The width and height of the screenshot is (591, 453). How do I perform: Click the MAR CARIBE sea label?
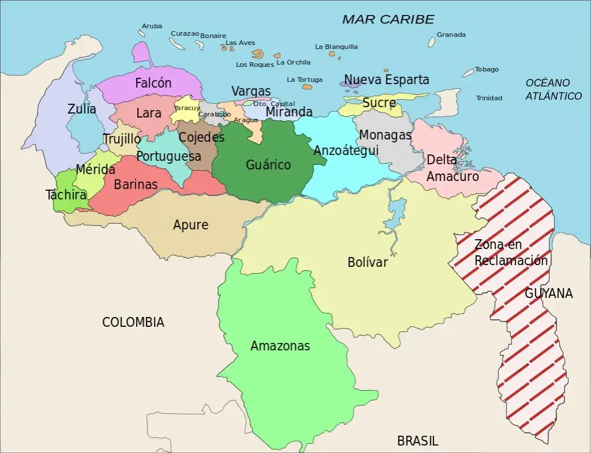coord(387,20)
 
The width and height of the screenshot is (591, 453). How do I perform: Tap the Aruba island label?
coord(152,26)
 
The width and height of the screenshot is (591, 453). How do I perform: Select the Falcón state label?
coord(153,83)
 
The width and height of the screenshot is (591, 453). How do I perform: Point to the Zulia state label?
coord(82,109)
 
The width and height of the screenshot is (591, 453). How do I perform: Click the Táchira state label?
coord(66,195)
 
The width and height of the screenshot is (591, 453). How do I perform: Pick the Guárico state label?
coord(268,165)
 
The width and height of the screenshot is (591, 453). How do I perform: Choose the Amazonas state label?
coord(280,346)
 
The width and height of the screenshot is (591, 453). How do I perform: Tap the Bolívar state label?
coord(368,262)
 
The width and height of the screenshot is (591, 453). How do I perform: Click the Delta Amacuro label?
coord(452,168)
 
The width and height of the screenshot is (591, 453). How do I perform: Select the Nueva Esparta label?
coord(386,80)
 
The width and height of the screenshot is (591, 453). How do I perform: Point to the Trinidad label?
coord(489,98)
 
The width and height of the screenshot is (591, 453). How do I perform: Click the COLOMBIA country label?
coord(133,322)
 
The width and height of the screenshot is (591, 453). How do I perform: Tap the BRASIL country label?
coord(417,441)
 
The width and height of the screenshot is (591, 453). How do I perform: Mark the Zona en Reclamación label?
coord(510,252)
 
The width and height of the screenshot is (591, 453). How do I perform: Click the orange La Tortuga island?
coord(307,88)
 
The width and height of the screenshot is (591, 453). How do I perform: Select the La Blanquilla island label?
coord(336,47)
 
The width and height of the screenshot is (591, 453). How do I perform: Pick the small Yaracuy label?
coord(187,108)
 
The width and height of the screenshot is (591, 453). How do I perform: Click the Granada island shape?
coord(431,42)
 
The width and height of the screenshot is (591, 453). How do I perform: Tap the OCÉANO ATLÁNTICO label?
coord(553,89)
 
